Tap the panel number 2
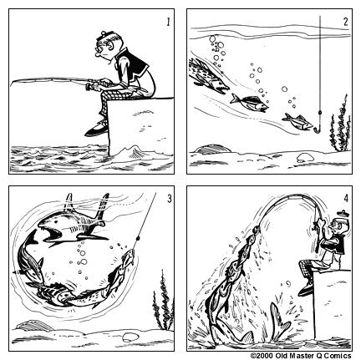click(346, 21)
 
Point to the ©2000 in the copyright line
click(262, 355)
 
